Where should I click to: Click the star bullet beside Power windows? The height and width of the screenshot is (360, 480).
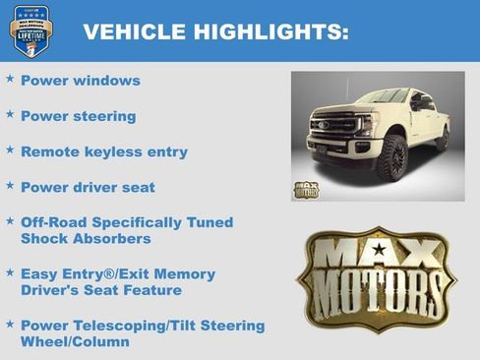[x=10, y=79]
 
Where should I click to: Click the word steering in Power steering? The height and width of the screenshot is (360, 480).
[x=103, y=117]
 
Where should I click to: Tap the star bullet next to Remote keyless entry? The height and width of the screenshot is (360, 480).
[x=10, y=150]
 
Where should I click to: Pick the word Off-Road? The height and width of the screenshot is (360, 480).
[x=52, y=222]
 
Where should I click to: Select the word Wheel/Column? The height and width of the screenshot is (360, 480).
[x=74, y=342]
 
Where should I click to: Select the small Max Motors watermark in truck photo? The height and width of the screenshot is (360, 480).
[x=307, y=189]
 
